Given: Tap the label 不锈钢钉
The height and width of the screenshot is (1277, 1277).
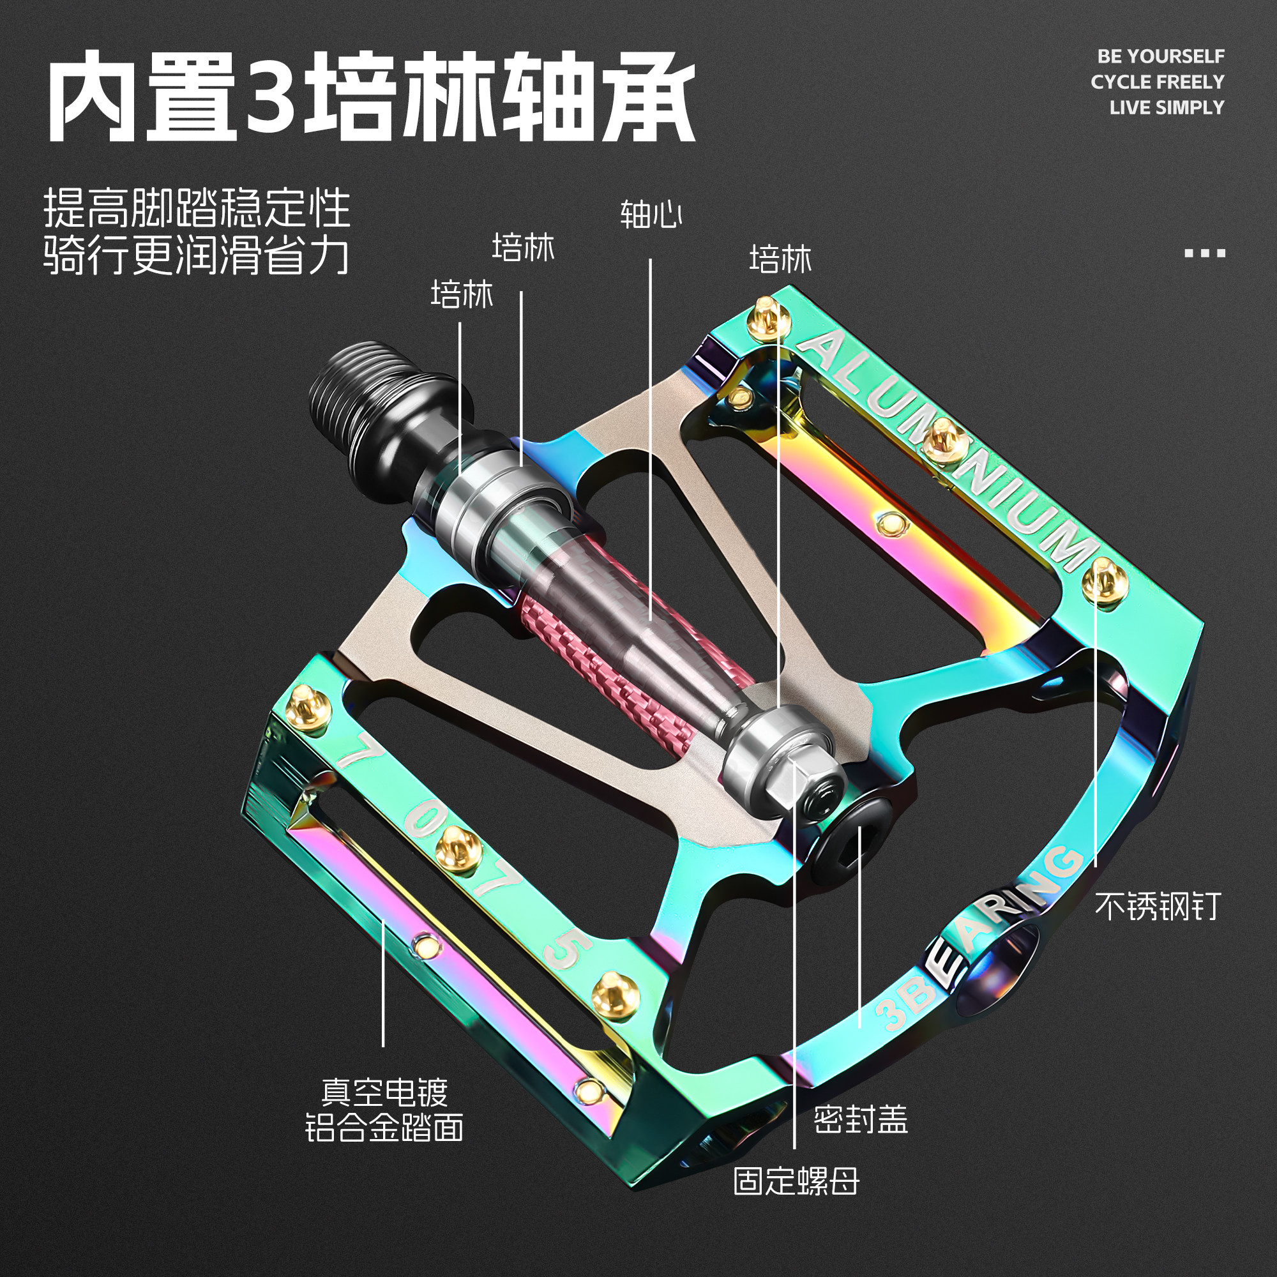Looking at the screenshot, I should point(1157,906).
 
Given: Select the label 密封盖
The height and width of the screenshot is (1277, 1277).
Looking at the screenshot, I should point(861,1120).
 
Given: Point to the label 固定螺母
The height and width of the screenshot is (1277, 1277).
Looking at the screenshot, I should point(796,1181).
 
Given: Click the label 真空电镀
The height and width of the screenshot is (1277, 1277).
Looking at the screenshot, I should point(384,1092).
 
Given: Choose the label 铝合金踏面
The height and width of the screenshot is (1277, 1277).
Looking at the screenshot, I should point(384,1128).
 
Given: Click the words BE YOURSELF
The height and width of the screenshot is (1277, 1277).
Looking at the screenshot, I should point(1161,57).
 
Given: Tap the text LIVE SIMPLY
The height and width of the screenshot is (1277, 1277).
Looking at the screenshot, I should point(1167,108).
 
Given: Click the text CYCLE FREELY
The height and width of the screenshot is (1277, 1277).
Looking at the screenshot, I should point(1158,82).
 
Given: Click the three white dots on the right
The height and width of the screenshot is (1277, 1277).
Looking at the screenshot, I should point(1204,253).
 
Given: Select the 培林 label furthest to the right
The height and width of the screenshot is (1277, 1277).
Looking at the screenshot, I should point(780,259).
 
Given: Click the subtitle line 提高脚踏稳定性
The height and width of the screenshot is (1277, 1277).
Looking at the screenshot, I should point(196,209).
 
